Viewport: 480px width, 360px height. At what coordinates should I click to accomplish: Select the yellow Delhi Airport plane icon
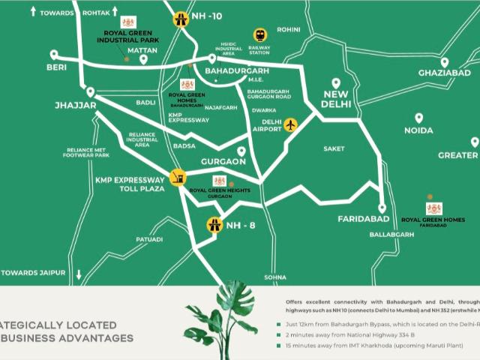(x=290, y=124)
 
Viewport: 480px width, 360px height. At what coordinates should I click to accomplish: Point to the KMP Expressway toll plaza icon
(x=178, y=178)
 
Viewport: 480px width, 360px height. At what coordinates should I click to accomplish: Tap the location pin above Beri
(x=53, y=55)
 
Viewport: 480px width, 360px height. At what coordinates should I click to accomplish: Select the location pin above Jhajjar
(x=90, y=91)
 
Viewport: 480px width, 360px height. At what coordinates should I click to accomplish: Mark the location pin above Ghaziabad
(x=445, y=62)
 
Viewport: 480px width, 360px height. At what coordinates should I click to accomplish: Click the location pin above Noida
(x=418, y=118)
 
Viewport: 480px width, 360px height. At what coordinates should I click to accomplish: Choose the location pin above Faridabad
(x=382, y=208)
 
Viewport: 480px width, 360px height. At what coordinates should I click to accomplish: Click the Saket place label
(x=334, y=148)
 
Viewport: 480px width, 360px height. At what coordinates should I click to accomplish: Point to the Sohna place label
(x=275, y=277)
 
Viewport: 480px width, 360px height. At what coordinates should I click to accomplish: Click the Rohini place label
(x=289, y=30)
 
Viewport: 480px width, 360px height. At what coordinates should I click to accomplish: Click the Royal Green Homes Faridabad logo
(x=434, y=208)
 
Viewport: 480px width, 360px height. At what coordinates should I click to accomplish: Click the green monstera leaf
(x=225, y=315)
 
